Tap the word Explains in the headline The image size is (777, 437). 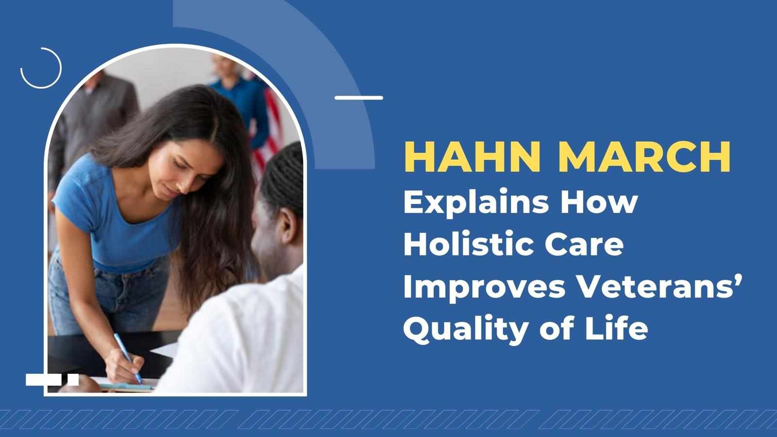tap(476, 204)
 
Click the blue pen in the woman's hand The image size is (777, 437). tap(128, 358)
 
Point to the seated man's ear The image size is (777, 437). tap(287, 228)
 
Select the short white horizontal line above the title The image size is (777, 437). tap(359, 98)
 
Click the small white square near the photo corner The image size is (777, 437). tap(73, 379)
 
